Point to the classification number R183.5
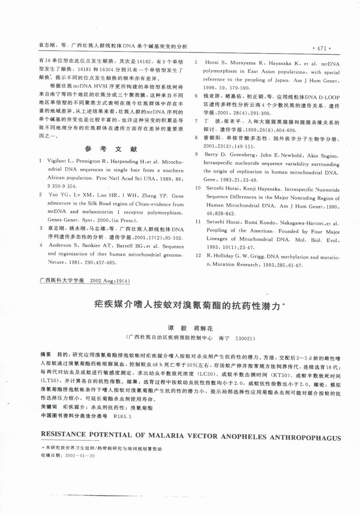(x=122, y=415)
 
